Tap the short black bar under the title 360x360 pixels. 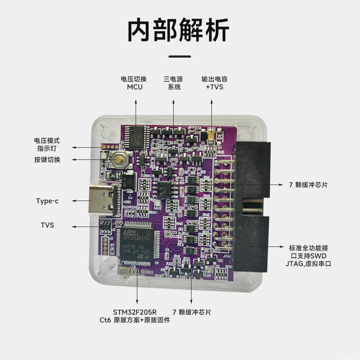[179, 56]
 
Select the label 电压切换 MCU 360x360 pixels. [134, 83]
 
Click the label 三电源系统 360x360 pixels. [173, 83]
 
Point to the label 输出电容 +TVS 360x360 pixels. [214, 83]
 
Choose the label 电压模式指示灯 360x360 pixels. [47, 145]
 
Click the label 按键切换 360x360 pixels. [48, 159]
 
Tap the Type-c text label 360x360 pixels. [48, 201]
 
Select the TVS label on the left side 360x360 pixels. [47, 225]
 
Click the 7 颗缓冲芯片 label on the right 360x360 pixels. [308, 185]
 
